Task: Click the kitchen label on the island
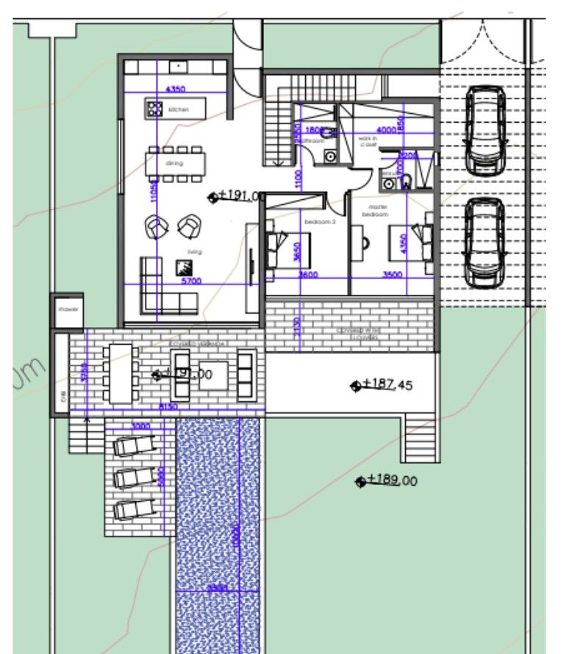coord(179,109)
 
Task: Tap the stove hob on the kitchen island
coord(154,109)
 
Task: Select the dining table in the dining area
coord(175,164)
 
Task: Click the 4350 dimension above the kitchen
coord(175,88)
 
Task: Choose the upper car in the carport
coord(486,129)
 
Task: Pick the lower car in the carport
coord(484,242)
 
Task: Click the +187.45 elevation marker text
coord(390,384)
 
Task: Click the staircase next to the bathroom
coord(278,124)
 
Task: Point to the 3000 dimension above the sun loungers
coord(140,426)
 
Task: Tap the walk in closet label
coord(368,141)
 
